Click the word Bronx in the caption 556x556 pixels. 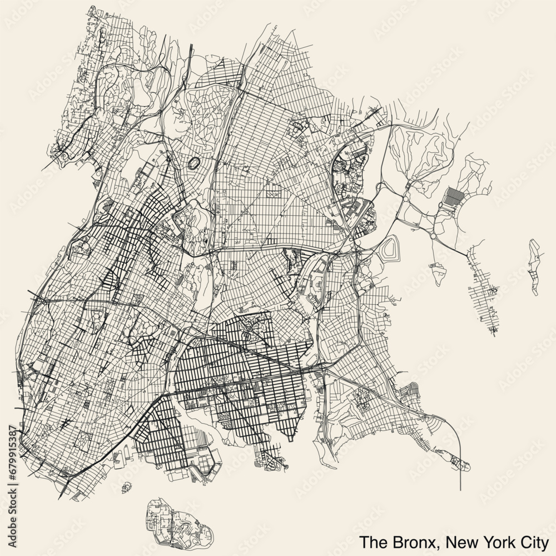(408, 541)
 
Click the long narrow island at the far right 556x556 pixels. (535, 267)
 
